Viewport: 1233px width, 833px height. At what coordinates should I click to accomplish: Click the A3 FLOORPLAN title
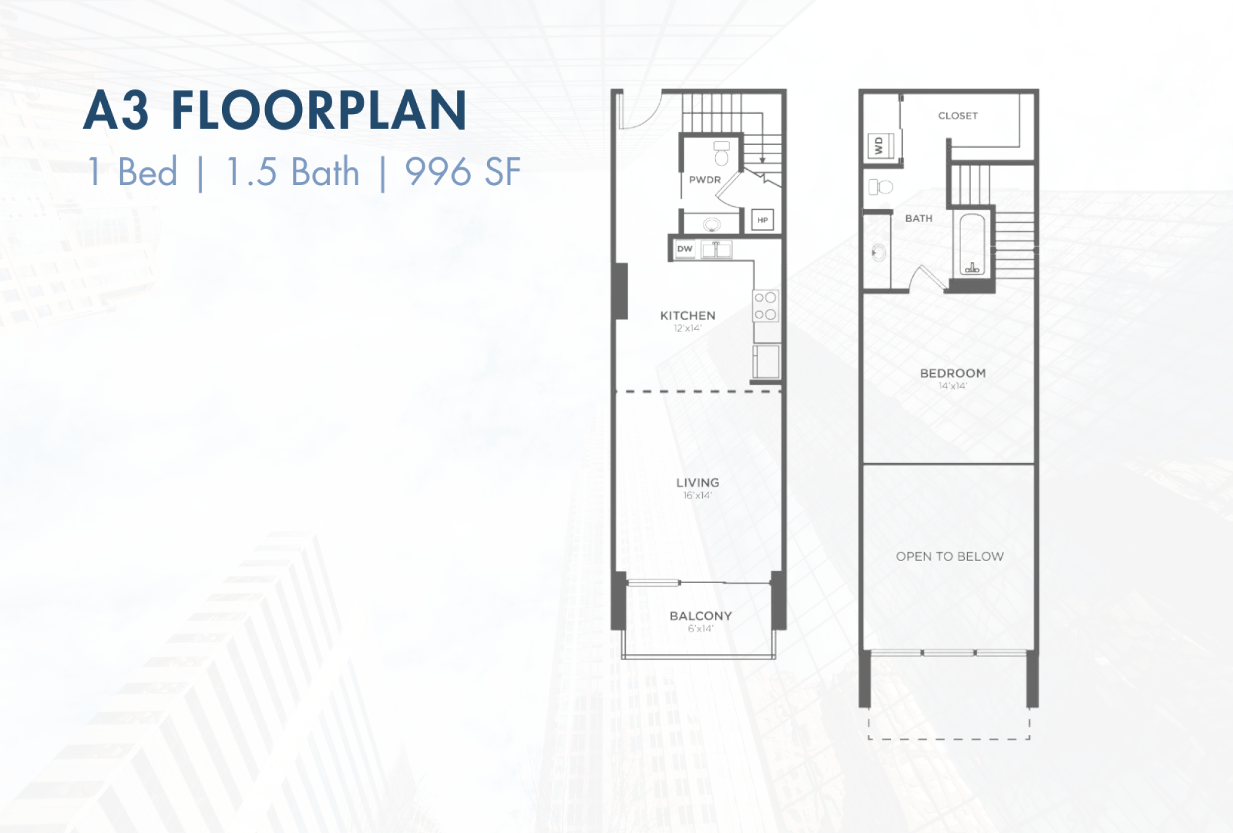pos(275,110)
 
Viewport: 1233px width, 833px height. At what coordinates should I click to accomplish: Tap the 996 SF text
pos(462,172)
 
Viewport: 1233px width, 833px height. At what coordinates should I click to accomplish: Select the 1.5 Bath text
pos(293,172)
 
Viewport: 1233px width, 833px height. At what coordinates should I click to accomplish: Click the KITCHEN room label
pos(687,315)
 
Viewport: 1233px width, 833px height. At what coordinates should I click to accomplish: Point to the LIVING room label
pos(697,483)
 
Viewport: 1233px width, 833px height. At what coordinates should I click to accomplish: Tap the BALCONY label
pos(701,616)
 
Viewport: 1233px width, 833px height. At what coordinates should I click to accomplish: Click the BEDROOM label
pos(952,373)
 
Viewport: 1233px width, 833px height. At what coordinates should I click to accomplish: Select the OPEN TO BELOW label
pos(949,557)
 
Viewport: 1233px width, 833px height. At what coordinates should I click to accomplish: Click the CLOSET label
pos(958,115)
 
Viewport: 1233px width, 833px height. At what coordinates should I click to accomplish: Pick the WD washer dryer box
pos(880,146)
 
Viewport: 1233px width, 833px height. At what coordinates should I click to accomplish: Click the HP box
pos(763,220)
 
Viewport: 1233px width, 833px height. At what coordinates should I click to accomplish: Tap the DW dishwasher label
pos(685,249)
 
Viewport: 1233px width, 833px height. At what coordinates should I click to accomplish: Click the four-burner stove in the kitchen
pos(766,306)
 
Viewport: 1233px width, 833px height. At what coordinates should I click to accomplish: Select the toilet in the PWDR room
pos(721,154)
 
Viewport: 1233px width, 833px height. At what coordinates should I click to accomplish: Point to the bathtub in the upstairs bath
pos(972,244)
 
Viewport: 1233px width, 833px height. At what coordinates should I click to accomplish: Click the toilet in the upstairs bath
pos(881,186)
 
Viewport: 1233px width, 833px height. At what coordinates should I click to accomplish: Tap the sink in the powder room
pos(712,224)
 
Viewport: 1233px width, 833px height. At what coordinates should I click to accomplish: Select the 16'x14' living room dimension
pos(697,495)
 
